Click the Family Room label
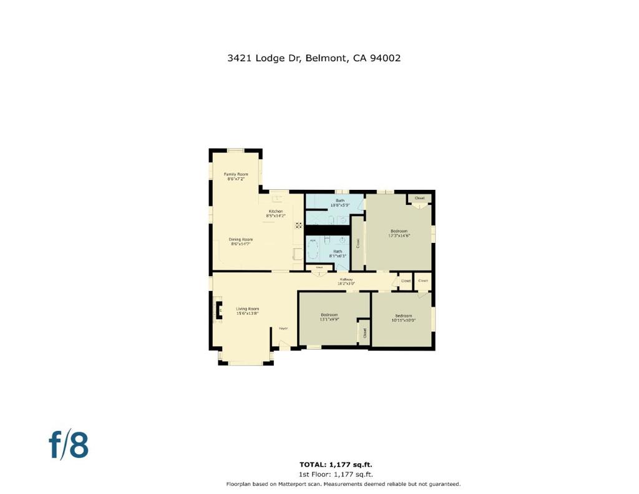coord(236,176)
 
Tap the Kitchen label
coord(276,214)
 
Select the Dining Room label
coord(241,242)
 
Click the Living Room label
coord(247,311)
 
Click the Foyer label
coord(283,328)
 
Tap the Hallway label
coord(346,282)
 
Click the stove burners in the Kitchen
coord(299,225)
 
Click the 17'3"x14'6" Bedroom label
coord(399,233)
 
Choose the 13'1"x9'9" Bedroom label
coord(329,317)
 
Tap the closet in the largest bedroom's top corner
coord(419,199)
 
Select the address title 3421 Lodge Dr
coord(314,58)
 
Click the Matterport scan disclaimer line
coord(343,484)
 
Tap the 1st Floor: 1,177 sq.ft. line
coord(336,474)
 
